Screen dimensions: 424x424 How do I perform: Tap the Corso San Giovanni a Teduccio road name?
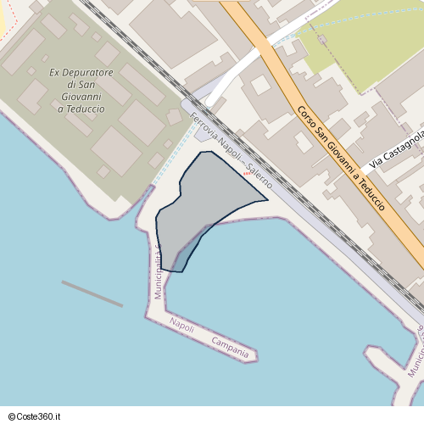[341, 159]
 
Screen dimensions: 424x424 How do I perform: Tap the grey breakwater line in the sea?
[92, 293]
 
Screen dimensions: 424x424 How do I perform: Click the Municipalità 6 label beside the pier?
[158, 271]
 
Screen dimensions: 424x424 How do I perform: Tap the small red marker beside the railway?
[246, 174]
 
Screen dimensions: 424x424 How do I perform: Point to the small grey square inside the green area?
[321, 39]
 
